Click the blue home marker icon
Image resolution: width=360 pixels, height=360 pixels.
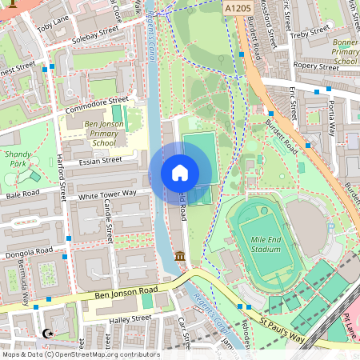[x=180, y=173]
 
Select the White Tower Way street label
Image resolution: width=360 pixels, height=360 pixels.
[x=107, y=193]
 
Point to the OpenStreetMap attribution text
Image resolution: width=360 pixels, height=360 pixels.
[x=80, y=354]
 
